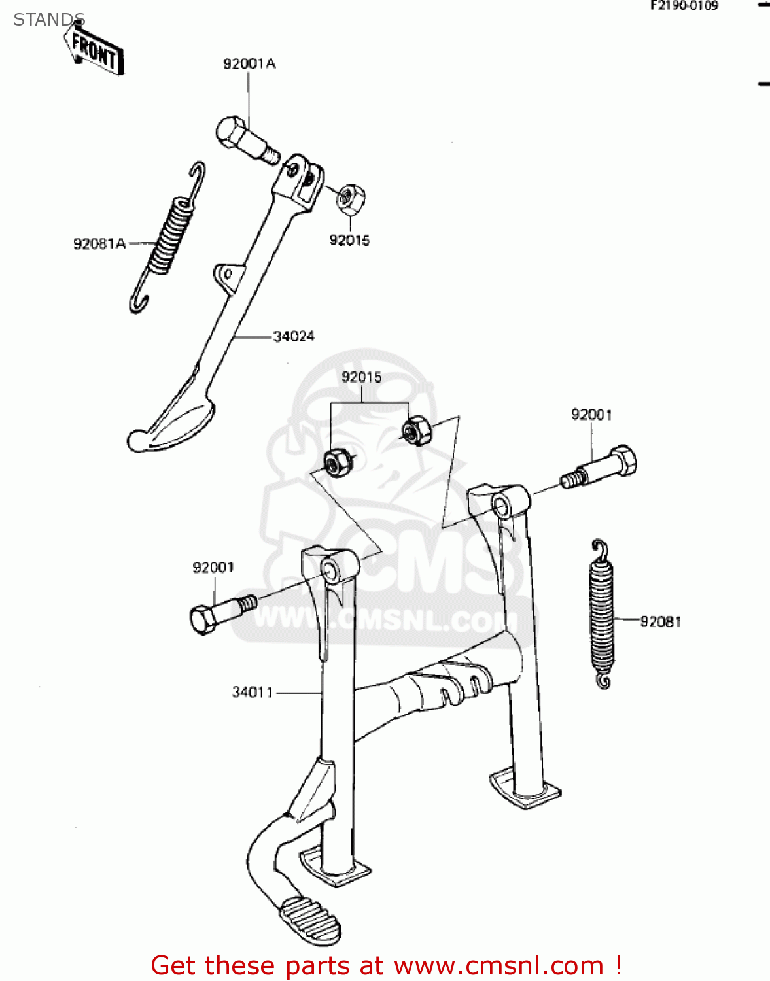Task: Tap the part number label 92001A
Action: point(249,64)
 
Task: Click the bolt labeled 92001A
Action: point(245,139)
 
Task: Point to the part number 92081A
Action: point(99,244)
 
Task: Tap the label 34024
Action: point(294,336)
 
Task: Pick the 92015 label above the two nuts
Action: point(362,377)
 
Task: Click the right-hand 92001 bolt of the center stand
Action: point(602,468)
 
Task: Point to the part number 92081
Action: point(660,622)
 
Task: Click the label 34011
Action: point(253,692)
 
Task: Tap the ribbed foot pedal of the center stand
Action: point(309,920)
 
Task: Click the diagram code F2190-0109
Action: point(684,6)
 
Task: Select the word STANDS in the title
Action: point(49,20)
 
